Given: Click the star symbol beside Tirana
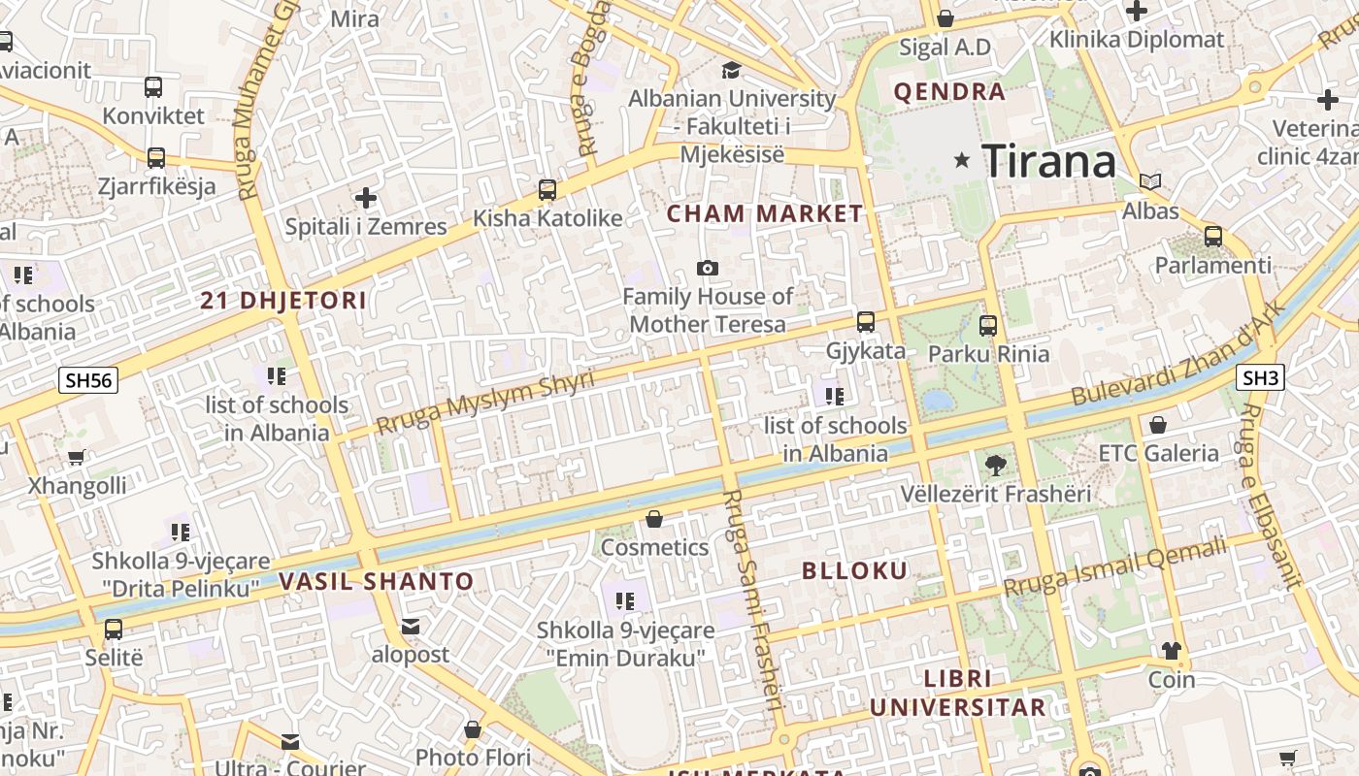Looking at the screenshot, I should pos(962,160).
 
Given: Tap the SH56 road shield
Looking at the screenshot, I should pos(88,379).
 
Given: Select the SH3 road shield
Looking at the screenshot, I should pos(1260,377).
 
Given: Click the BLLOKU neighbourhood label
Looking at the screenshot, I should pos(855,570).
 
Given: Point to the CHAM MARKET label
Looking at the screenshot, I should pos(765,213).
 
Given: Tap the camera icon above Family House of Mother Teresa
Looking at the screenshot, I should pos(708,268).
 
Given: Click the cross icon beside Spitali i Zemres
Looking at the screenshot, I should pos(365,199).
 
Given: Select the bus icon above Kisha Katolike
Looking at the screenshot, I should pos(547,190).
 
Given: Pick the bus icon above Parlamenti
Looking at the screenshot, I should pos(1212,236).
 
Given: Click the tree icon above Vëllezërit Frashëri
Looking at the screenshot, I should pos(995,466).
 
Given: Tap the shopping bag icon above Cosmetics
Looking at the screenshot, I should pos(654,520).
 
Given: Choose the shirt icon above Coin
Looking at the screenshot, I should pos(1172,650).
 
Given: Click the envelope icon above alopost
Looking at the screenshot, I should pos(411,627).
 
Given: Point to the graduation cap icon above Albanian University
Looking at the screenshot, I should pos(730,70).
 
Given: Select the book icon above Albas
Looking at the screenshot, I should pos(1150,182).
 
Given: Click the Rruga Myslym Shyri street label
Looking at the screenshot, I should pos(484,402).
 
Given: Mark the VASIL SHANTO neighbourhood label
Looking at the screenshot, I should pos(377,582).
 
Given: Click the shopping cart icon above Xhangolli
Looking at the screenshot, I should pos(77,457).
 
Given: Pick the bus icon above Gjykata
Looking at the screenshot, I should pos(865,322).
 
